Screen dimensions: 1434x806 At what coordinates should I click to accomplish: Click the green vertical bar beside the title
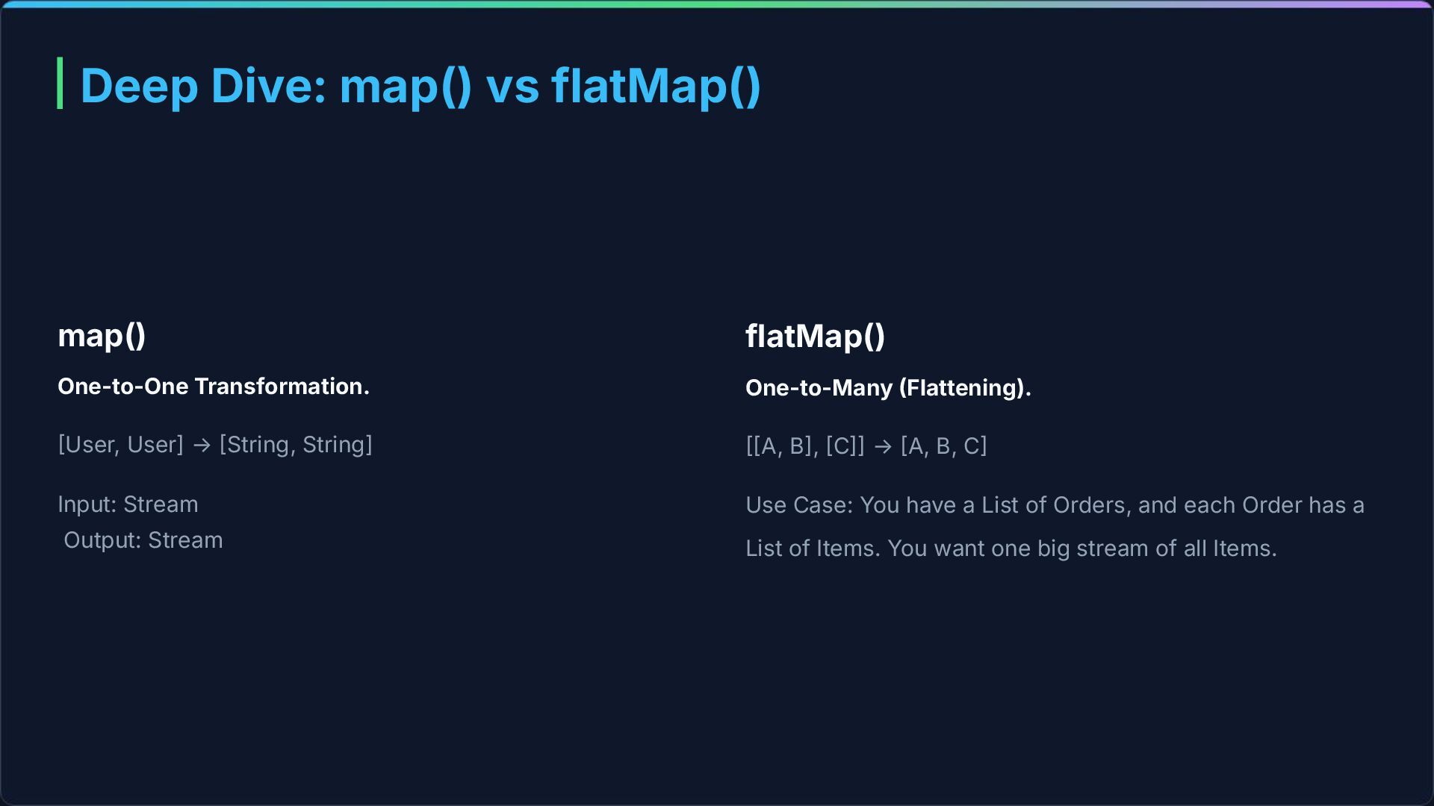pyautogui.click(x=60, y=83)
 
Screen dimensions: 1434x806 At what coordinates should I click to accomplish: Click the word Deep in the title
pyautogui.click(x=139, y=85)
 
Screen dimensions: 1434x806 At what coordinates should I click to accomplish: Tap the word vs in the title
pyautogui.click(x=512, y=85)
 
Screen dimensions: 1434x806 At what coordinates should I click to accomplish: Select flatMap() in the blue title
pyautogui.click(x=656, y=85)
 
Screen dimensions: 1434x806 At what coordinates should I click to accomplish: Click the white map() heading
pyautogui.click(x=102, y=335)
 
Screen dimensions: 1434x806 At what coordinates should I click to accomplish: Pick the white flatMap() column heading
pyautogui.click(x=815, y=336)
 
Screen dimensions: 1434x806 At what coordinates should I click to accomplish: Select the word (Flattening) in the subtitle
pyautogui.click(x=964, y=387)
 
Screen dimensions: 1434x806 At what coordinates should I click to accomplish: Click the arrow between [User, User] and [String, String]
pyautogui.click(x=202, y=445)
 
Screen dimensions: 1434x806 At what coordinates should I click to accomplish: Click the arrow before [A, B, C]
pyautogui.click(x=883, y=446)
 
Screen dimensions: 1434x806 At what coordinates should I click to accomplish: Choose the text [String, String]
pyautogui.click(x=296, y=445)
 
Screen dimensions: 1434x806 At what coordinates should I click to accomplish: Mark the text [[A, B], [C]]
pyautogui.click(x=804, y=446)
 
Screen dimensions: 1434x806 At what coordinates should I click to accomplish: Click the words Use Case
pyautogui.click(x=798, y=505)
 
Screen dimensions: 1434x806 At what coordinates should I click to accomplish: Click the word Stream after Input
pyautogui.click(x=161, y=504)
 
